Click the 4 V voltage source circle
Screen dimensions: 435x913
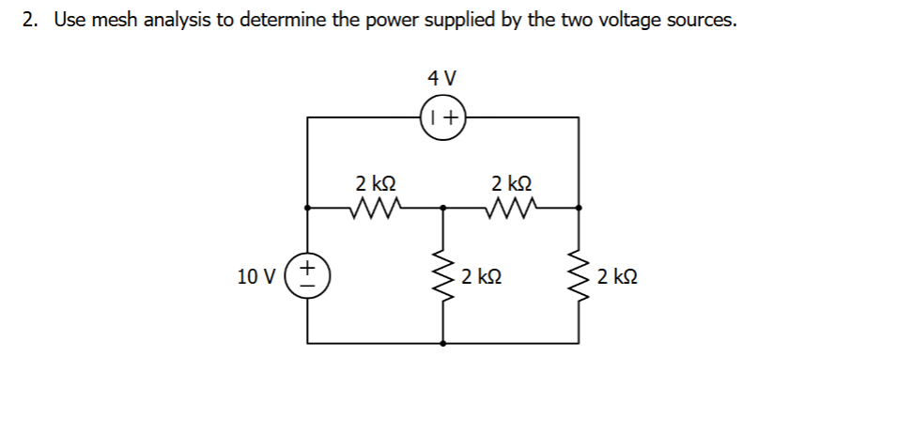[x=443, y=117]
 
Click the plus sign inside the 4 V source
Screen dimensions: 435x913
[x=452, y=118]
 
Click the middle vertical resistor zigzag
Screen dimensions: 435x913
[x=443, y=276]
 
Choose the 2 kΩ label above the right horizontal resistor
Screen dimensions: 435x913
[x=511, y=181]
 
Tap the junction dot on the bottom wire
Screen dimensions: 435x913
[x=443, y=344]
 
